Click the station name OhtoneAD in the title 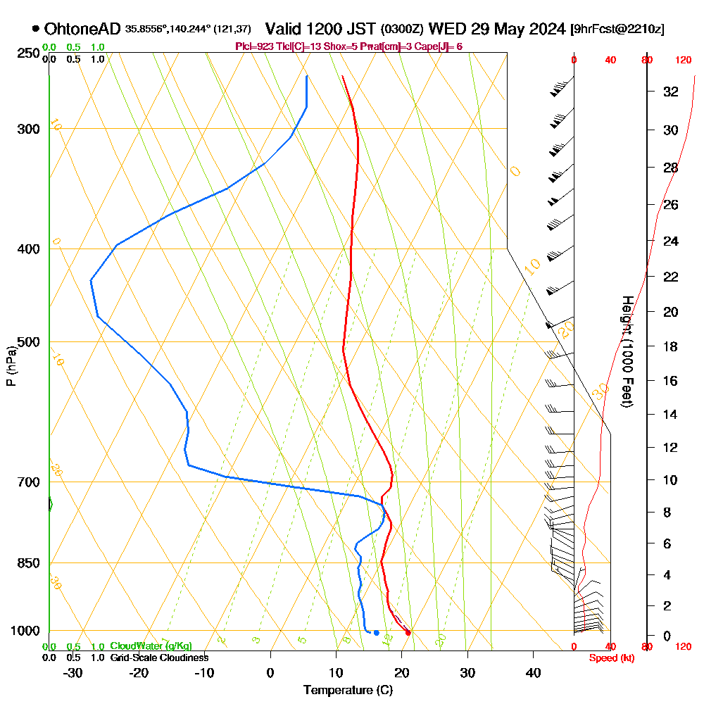82,29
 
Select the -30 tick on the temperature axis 73,672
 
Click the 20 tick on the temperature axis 402,672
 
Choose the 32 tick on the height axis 670,92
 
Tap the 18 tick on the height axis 670,346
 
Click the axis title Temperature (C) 348,690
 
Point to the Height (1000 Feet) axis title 627,351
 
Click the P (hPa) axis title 11,365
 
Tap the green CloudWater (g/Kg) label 151,646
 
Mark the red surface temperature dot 408,632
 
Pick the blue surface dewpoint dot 377,632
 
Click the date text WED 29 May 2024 496,29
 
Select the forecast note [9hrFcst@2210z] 617,30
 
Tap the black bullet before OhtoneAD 35,29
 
